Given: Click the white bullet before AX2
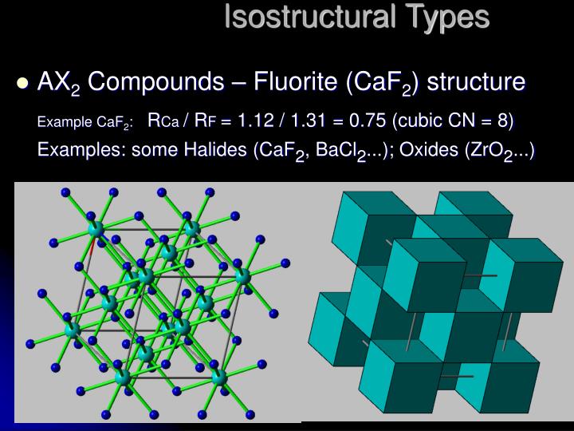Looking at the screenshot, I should (x=22, y=82).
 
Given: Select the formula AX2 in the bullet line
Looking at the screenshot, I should (x=58, y=82).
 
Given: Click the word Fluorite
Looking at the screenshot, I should (x=295, y=81).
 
